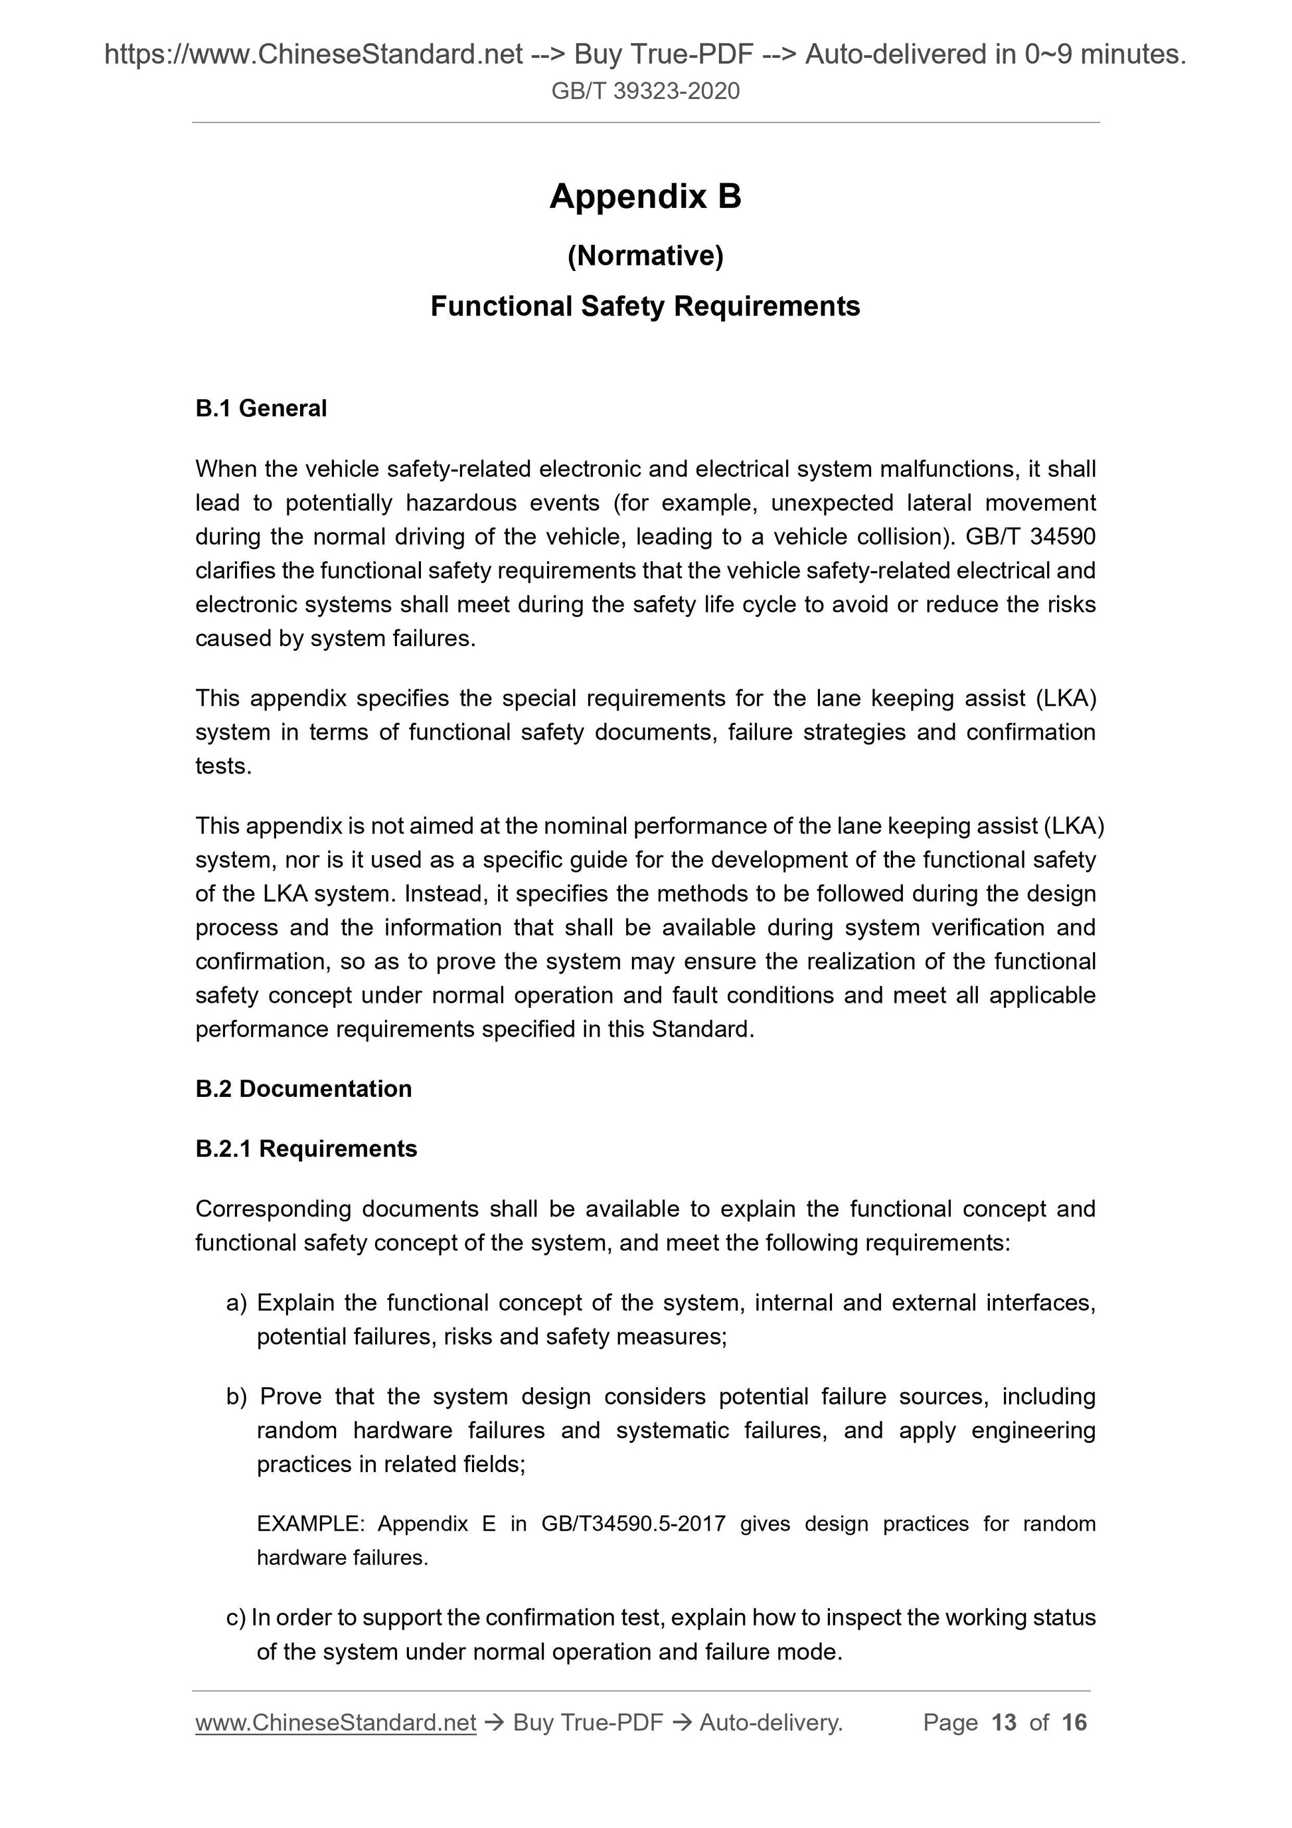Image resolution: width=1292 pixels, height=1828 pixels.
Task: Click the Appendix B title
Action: pyautogui.click(x=645, y=197)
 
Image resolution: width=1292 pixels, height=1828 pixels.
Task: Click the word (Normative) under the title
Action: pyautogui.click(x=645, y=256)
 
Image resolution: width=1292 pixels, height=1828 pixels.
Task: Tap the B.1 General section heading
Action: pyautogui.click(x=261, y=408)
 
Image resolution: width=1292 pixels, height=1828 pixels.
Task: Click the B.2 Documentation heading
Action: pyautogui.click(x=303, y=1088)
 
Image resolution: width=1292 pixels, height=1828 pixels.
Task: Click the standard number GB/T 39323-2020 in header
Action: pyautogui.click(x=645, y=91)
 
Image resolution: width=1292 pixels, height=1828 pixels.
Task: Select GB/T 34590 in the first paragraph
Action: pyautogui.click(x=1030, y=537)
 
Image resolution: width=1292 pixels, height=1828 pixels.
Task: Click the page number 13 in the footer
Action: pyautogui.click(x=1004, y=1723)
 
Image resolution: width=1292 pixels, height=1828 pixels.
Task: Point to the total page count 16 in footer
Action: pyautogui.click(x=1074, y=1723)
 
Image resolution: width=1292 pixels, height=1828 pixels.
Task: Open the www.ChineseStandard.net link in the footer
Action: pyautogui.click(x=335, y=1723)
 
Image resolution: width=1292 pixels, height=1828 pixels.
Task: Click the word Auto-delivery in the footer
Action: pyautogui.click(x=769, y=1723)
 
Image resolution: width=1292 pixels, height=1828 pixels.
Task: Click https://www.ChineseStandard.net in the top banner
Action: pyautogui.click(x=313, y=54)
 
